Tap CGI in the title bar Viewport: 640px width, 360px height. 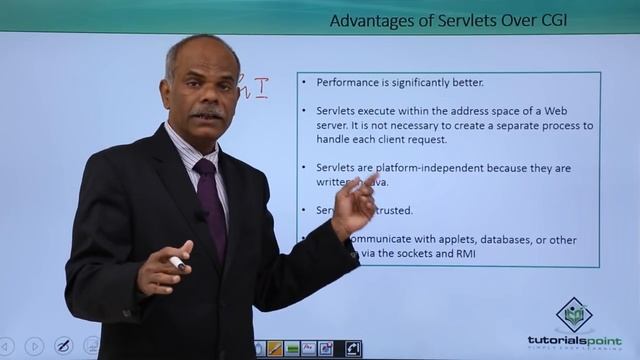click(x=550, y=20)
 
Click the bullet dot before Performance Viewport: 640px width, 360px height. click(x=304, y=83)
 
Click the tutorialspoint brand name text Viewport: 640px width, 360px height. click(x=574, y=340)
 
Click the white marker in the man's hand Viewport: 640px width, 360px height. click(x=177, y=263)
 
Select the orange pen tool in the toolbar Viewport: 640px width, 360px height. click(x=274, y=348)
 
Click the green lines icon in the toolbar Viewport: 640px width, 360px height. click(x=292, y=348)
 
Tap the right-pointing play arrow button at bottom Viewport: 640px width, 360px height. click(x=34, y=346)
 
